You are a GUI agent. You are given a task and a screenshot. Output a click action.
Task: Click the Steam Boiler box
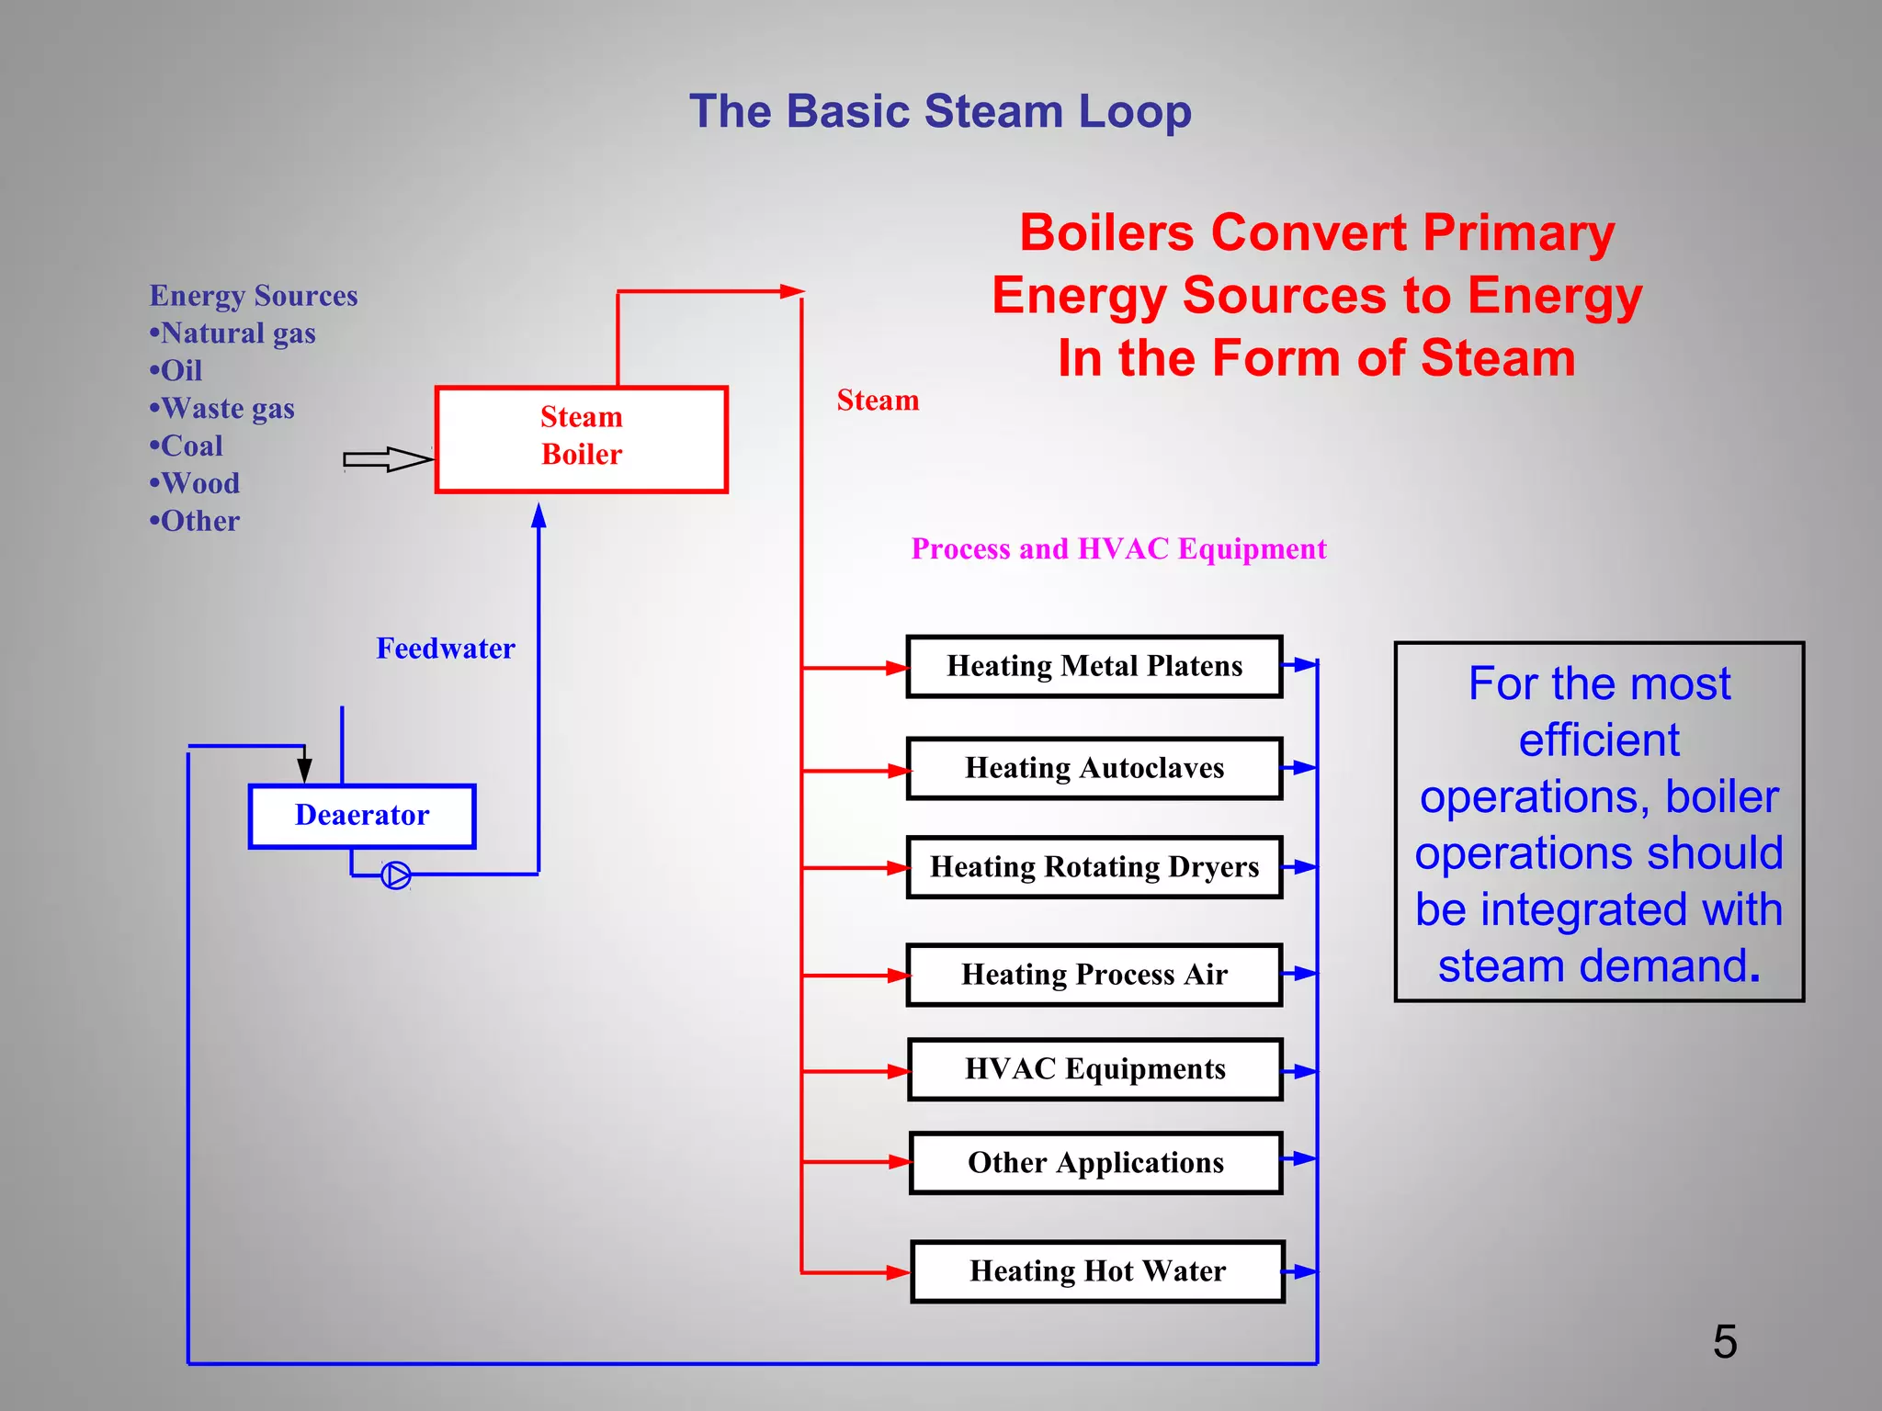pos(581,439)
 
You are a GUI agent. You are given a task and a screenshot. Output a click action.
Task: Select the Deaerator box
pos(362,816)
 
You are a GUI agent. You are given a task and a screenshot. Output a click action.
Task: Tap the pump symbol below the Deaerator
pos(396,875)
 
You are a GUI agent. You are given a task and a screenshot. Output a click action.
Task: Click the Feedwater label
pos(446,649)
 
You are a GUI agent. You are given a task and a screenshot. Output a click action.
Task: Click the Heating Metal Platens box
pos(1094,666)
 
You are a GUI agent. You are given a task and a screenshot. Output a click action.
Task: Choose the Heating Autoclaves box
pos(1094,768)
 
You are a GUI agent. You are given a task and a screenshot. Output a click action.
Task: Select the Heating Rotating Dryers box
pos(1094,867)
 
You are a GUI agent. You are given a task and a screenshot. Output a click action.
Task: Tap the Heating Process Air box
pos(1094,975)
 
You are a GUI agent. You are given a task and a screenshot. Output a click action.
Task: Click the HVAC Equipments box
pos(1094,1069)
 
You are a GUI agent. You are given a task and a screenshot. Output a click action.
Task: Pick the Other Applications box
pos(1095,1163)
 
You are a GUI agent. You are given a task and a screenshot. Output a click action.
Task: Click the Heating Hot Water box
pos(1097,1271)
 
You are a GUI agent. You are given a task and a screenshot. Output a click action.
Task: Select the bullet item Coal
pos(191,446)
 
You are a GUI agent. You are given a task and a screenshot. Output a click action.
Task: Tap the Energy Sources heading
pos(254,296)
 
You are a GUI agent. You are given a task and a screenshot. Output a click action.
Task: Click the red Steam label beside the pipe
pos(878,401)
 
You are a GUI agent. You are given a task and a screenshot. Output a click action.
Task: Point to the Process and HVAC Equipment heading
pos(1118,549)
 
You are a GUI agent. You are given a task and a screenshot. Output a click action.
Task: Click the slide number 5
pos(1725,1342)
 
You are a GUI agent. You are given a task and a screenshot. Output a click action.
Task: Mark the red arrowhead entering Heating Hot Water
pos(899,1272)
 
